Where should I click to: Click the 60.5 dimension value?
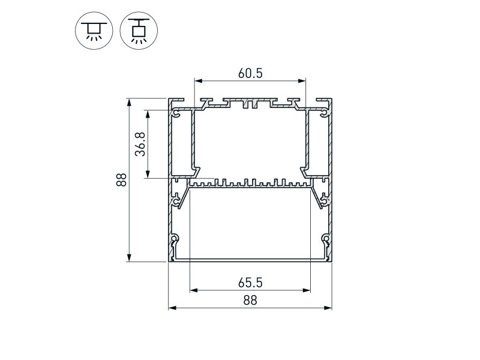coord(250,73)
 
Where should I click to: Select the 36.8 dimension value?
coord(140,144)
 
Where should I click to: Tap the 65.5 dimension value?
coord(250,283)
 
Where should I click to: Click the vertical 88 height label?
coord(122,180)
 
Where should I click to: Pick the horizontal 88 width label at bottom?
coord(250,301)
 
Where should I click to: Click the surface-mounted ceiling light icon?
coord(94,31)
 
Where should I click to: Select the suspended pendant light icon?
coord(139,31)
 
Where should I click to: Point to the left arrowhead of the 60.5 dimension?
coord(198,81)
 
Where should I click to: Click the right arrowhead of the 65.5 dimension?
coord(307,290)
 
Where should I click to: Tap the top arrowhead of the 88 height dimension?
coord(129,102)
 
